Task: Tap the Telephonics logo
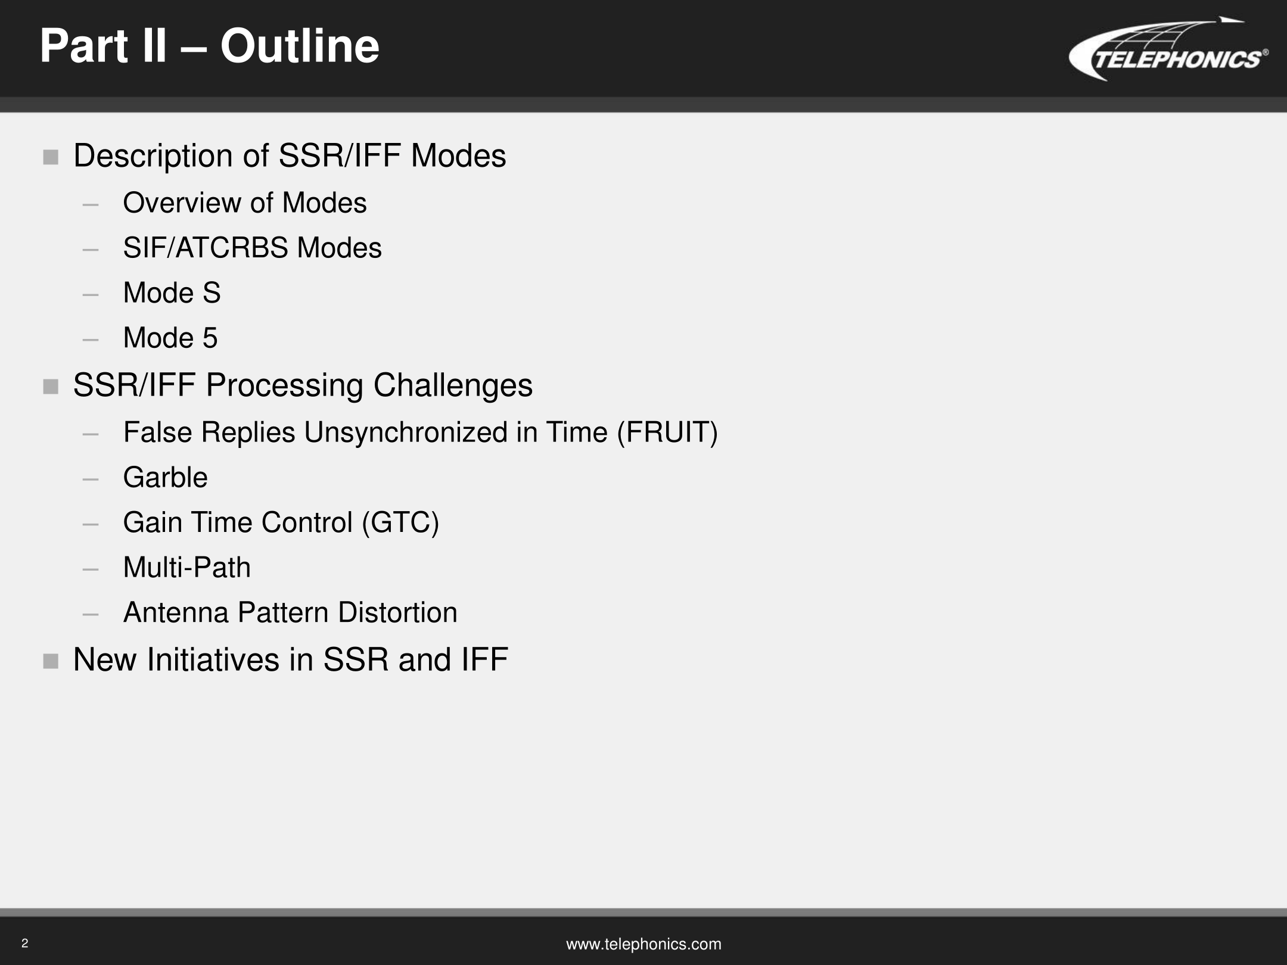pyautogui.click(x=1168, y=49)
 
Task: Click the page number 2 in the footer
pyautogui.click(x=24, y=943)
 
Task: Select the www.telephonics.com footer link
pyautogui.click(x=643, y=944)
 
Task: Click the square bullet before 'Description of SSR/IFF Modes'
pyautogui.click(x=51, y=157)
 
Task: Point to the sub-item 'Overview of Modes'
pyautogui.click(x=244, y=203)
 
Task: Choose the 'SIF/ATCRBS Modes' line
pyautogui.click(x=252, y=248)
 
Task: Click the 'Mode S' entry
pyautogui.click(x=172, y=292)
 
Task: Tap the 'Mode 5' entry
pyautogui.click(x=170, y=338)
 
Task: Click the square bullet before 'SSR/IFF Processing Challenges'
pyautogui.click(x=51, y=387)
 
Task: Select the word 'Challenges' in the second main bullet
pyautogui.click(x=453, y=385)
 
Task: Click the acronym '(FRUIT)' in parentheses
pyautogui.click(x=667, y=432)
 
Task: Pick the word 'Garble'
pyautogui.click(x=165, y=477)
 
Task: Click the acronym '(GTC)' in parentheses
pyautogui.click(x=400, y=522)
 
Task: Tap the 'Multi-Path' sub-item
pyautogui.click(x=186, y=567)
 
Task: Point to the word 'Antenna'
pyautogui.click(x=176, y=612)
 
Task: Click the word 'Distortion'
pyautogui.click(x=397, y=612)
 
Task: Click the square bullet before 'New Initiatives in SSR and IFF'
pyautogui.click(x=51, y=661)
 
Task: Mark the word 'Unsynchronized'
pyautogui.click(x=405, y=433)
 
